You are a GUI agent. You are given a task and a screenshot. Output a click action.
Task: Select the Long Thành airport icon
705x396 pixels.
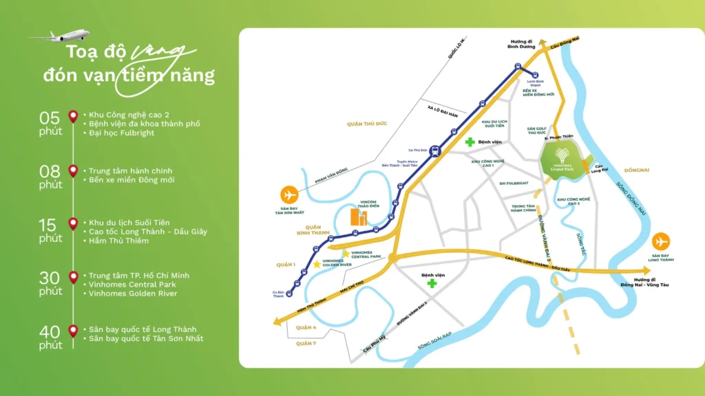(662, 242)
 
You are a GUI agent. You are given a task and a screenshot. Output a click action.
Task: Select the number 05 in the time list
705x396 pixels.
(50, 116)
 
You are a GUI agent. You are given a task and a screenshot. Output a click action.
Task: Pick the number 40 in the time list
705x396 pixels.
(50, 331)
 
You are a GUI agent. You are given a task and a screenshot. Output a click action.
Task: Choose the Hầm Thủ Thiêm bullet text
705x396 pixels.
(118, 241)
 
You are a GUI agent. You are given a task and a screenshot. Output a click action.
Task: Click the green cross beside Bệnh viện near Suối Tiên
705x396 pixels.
(470, 142)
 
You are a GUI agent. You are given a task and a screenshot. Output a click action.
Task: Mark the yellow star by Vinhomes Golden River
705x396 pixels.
(317, 264)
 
